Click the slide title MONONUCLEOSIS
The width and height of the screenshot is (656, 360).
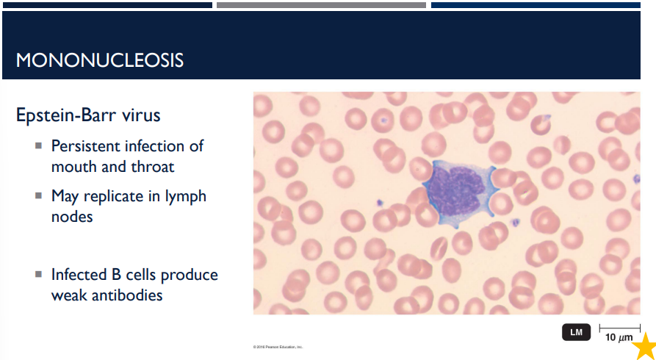tap(100, 60)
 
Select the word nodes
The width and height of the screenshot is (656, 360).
tap(72, 217)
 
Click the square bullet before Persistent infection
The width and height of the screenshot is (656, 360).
tap(38, 146)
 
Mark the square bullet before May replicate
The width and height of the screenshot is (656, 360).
tap(38, 196)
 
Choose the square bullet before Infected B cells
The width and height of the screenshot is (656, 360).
tap(38, 275)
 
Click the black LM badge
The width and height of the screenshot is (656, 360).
tap(576, 332)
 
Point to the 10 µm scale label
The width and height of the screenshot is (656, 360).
tap(619, 338)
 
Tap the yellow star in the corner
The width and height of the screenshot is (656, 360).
tap(644, 346)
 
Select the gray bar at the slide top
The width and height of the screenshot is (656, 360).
tap(321, 5)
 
